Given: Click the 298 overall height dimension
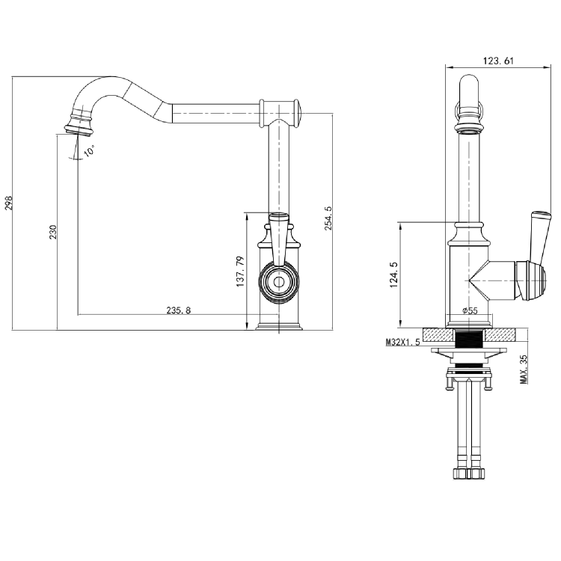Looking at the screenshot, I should (9, 203).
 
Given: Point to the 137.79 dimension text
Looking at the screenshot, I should (240, 272).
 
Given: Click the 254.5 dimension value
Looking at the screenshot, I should (328, 218).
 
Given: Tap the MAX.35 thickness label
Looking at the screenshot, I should (524, 369).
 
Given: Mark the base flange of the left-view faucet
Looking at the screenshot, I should (279, 325).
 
